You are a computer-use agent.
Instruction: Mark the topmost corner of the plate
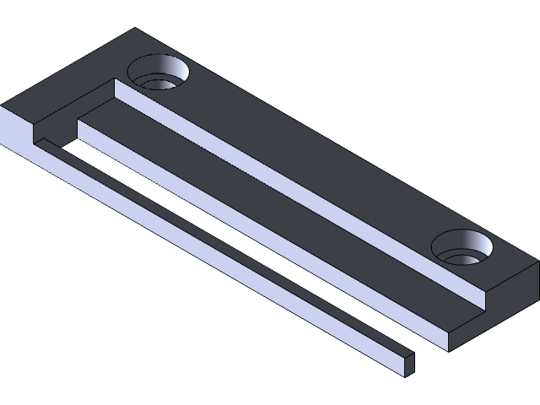point(135,29)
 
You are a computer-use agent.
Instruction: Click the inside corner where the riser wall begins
point(115,81)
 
